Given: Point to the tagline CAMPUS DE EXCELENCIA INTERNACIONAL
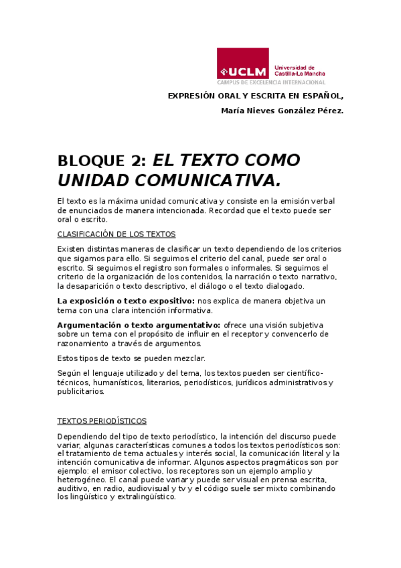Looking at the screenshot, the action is pos(270,82).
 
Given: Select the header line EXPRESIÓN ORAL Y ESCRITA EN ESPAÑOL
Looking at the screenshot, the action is pos(255,96).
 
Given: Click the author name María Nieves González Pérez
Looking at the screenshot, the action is pos(282,111).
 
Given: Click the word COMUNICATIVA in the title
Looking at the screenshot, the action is pos(208,180).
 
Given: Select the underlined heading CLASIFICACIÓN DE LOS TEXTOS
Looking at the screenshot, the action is pos(116,234).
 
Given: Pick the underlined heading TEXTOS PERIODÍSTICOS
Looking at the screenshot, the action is pos(102,421).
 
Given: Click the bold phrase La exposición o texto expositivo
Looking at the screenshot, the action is pos(126,301).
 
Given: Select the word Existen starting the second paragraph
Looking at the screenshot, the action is pos(72,248).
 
